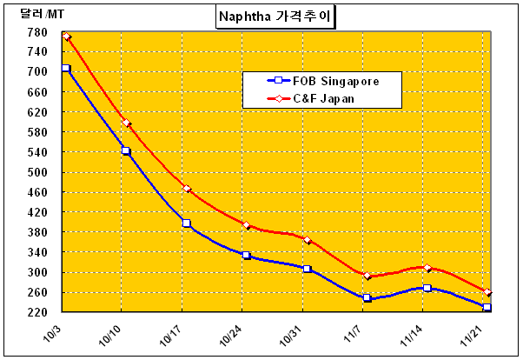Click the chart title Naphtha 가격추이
(x=276, y=16)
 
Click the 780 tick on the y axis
(x=37, y=33)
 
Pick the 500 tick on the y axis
(x=37, y=172)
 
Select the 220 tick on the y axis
(x=37, y=311)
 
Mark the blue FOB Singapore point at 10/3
(x=65, y=68)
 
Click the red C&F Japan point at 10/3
(x=66, y=37)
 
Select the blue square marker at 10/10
(x=126, y=150)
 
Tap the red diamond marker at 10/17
(x=187, y=189)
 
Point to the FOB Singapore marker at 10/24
(x=247, y=256)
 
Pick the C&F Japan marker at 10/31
(x=308, y=240)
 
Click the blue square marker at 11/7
(x=367, y=298)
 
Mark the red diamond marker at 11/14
(x=427, y=268)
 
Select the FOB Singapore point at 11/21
(x=487, y=308)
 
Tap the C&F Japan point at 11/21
(x=487, y=292)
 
